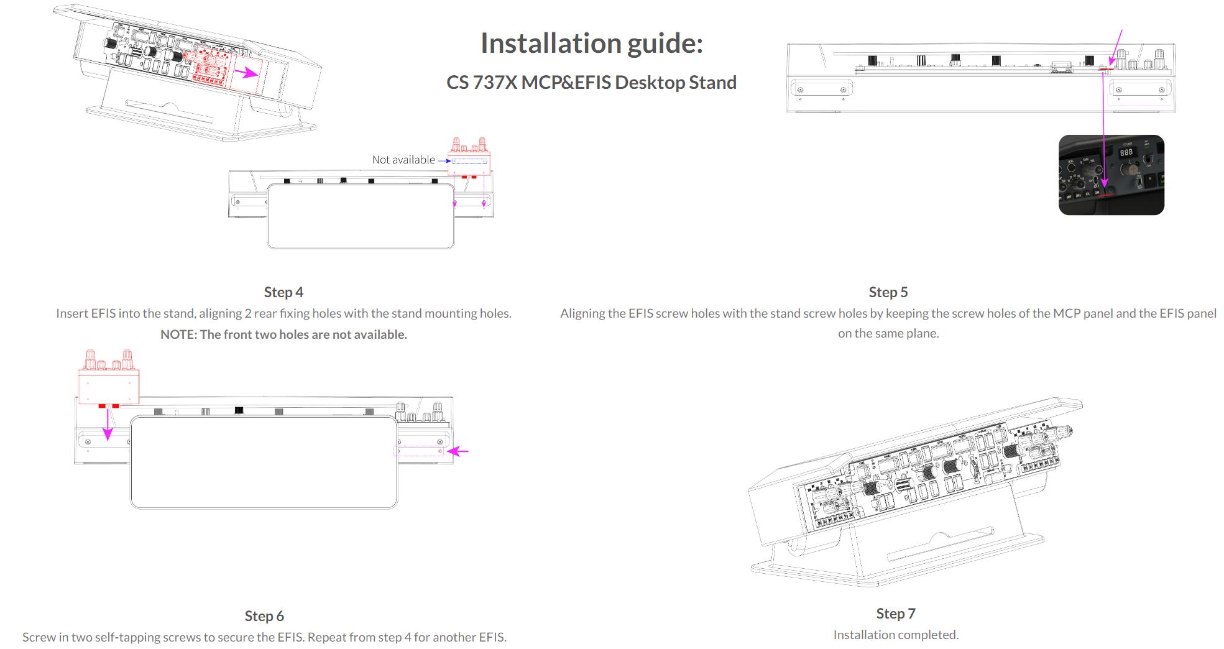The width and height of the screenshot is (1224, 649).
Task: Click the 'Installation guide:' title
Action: [x=591, y=44]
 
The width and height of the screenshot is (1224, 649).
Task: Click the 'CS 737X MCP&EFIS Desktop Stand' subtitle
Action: [x=591, y=83]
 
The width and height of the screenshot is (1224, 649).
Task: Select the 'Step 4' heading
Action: [x=283, y=292]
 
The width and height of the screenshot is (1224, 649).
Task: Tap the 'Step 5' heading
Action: [x=888, y=292]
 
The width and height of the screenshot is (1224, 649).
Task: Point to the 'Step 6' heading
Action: [x=264, y=616]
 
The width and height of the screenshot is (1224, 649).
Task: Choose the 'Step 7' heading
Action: [x=895, y=614]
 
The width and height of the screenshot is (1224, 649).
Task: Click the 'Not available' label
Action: [x=403, y=160]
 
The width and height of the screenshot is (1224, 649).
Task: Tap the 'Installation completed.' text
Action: [x=895, y=635]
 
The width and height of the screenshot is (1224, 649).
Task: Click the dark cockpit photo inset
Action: [x=1111, y=175]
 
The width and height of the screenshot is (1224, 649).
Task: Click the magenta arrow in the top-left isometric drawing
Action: [x=249, y=73]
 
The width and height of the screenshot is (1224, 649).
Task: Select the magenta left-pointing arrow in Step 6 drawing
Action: [x=458, y=451]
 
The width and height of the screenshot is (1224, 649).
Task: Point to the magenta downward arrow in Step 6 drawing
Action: [x=108, y=426]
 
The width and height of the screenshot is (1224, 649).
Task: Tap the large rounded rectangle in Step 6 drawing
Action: [x=264, y=462]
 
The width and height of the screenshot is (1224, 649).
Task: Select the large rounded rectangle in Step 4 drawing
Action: [x=361, y=216]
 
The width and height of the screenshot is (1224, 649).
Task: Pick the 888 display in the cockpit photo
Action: [x=1126, y=152]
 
